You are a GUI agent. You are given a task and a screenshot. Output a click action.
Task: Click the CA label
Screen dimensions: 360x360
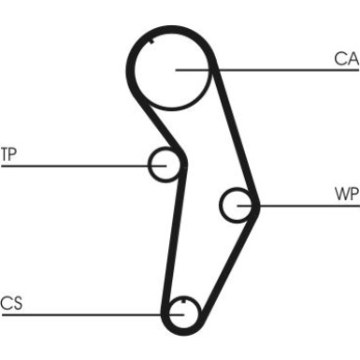tap(345, 59)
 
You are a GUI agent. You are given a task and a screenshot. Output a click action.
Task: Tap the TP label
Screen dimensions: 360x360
tap(8, 153)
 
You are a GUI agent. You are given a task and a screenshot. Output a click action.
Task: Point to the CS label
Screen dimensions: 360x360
tap(10, 302)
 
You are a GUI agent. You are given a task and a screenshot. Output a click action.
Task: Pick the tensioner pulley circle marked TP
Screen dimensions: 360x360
tap(165, 166)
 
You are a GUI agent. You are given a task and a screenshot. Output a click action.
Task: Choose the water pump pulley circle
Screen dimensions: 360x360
tap(237, 203)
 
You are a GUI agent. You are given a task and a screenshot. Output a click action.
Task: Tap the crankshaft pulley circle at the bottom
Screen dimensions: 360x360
tap(182, 312)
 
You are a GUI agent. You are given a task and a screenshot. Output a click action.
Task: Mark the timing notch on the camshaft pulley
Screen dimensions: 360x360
tap(151, 40)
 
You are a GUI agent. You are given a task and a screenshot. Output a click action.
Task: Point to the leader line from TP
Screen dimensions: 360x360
tap(75, 166)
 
